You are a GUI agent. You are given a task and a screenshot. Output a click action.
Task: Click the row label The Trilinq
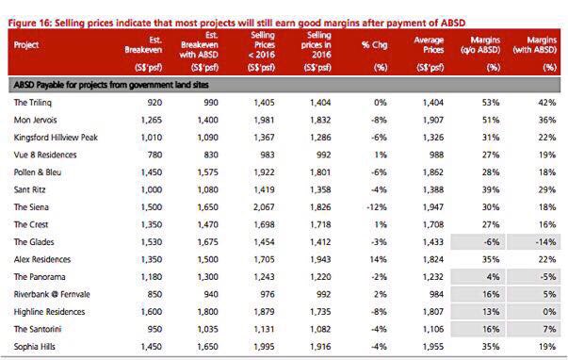click(x=33, y=103)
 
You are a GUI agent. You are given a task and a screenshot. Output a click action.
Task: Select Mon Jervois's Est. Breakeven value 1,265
click(x=151, y=120)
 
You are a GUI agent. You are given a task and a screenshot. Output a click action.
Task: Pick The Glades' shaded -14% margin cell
click(x=533, y=242)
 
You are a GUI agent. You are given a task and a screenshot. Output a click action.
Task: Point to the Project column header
click(x=26, y=45)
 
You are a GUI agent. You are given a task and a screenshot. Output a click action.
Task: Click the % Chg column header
click(x=375, y=45)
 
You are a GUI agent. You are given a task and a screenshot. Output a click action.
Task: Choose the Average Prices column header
click(x=429, y=45)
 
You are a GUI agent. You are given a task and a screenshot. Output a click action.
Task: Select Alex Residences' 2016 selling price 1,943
click(x=320, y=259)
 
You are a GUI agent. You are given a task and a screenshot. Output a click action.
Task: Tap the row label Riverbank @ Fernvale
click(x=52, y=294)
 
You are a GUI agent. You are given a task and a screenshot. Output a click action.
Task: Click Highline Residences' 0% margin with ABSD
click(x=549, y=311)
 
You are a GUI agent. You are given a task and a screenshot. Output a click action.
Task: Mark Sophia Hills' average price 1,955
click(x=433, y=346)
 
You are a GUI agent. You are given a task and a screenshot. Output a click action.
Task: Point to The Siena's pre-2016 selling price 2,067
click(x=264, y=207)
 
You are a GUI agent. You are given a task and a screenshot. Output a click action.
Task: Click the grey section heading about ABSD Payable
click(x=111, y=85)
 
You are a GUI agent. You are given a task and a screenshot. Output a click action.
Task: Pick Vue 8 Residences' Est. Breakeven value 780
click(x=154, y=155)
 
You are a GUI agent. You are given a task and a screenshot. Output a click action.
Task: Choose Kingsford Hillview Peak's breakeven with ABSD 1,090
click(x=207, y=138)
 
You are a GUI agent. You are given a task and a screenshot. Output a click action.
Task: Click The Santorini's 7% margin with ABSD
click(x=549, y=329)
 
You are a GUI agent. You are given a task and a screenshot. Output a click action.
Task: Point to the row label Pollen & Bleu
click(x=38, y=172)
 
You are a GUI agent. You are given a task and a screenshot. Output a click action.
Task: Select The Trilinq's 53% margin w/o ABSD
click(x=491, y=103)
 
